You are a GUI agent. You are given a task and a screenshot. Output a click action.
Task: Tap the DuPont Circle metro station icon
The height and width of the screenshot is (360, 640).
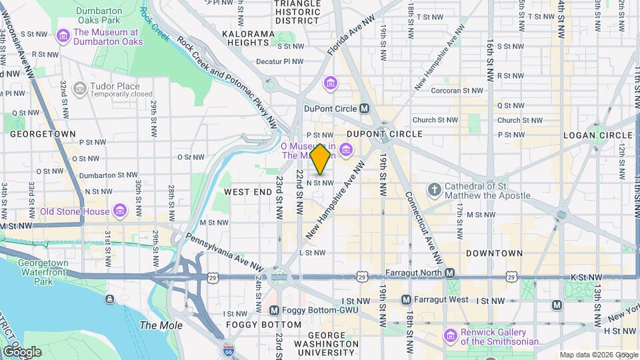click(x=365, y=108)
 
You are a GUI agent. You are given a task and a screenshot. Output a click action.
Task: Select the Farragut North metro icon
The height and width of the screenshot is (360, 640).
click(x=450, y=273)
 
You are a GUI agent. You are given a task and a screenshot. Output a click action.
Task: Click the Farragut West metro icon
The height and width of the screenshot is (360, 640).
click(x=405, y=300)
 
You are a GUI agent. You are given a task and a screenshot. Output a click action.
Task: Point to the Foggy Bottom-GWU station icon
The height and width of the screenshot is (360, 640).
click(x=274, y=311)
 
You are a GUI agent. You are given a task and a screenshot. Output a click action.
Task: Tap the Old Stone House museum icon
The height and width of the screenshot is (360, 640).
click(x=120, y=212)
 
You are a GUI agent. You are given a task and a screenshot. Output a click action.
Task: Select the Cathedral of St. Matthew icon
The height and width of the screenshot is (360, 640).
click(x=434, y=190)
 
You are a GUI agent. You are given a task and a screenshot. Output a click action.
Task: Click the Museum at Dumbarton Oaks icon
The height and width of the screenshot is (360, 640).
click(x=63, y=36)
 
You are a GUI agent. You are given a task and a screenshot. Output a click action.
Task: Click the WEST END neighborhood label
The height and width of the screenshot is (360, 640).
click(x=247, y=192)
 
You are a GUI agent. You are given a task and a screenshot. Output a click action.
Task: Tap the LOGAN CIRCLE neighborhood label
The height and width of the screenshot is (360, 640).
click(x=597, y=135)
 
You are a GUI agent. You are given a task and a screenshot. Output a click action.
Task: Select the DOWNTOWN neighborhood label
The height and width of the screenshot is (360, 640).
click(x=494, y=253)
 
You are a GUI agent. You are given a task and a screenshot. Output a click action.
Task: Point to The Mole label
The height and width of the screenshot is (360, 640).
click(x=156, y=325)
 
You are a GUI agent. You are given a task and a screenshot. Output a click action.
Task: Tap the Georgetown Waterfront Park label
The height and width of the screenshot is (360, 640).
click(x=43, y=272)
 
